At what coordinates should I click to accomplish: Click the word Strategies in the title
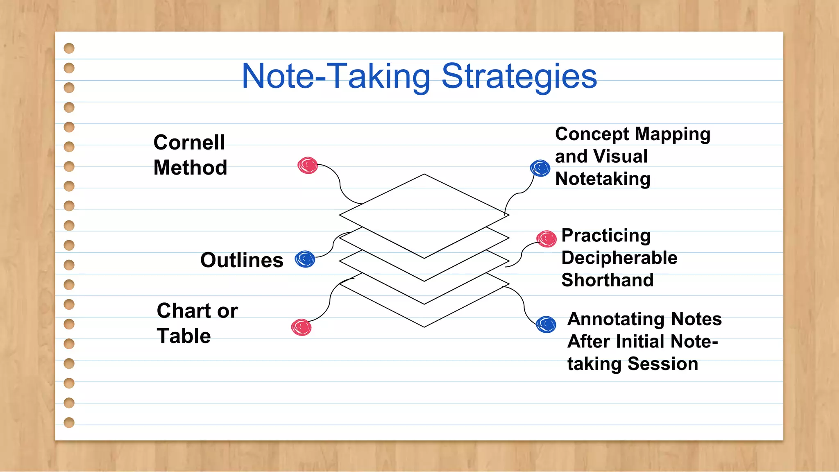click(519, 77)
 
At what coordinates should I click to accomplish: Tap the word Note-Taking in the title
click(336, 77)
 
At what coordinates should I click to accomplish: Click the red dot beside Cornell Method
click(308, 166)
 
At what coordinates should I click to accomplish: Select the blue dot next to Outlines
click(305, 259)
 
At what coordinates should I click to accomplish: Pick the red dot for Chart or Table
click(302, 327)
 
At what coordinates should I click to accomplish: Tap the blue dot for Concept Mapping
click(540, 168)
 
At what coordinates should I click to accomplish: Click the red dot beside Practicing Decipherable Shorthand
click(546, 239)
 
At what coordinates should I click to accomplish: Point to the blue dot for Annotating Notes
click(546, 324)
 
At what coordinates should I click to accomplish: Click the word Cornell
click(189, 143)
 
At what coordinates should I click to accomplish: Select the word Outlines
click(242, 260)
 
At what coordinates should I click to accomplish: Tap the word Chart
click(184, 311)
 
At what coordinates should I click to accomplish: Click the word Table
click(184, 336)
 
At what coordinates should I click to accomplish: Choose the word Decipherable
click(619, 258)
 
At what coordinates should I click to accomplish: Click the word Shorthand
click(607, 280)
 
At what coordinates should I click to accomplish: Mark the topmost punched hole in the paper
click(69, 48)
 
